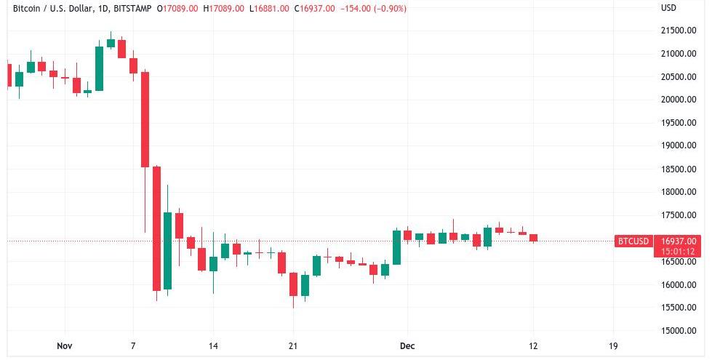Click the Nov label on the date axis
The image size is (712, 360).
[x=65, y=346]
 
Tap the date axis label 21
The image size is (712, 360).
[x=292, y=346]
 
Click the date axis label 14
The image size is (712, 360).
[x=213, y=346]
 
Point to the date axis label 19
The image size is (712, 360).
[x=612, y=346]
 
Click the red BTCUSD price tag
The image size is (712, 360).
[x=632, y=241]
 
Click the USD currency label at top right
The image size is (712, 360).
[x=668, y=8]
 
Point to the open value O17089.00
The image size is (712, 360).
[x=181, y=8]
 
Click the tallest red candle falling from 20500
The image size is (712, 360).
[x=145, y=119]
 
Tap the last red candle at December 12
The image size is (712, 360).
[x=533, y=238]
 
